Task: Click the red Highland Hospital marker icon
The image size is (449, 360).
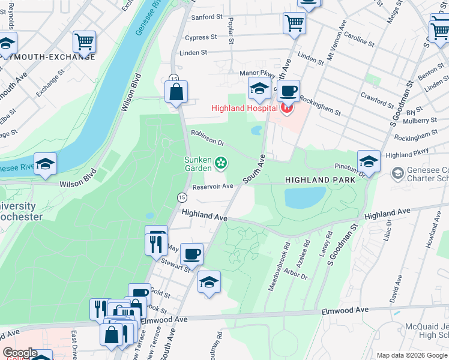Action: (x=287, y=108)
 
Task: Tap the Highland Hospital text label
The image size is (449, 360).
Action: (x=243, y=108)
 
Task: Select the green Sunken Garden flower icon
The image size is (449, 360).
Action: (x=221, y=161)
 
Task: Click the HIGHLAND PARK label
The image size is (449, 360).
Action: (x=316, y=180)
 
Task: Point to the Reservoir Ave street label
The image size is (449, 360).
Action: (x=212, y=187)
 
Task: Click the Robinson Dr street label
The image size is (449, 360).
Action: (x=207, y=138)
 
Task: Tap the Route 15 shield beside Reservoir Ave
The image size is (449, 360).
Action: (x=181, y=197)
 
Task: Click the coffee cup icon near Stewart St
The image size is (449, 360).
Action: (x=191, y=254)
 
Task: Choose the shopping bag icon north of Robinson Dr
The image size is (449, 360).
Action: (x=176, y=92)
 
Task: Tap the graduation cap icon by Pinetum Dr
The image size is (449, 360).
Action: (x=369, y=161)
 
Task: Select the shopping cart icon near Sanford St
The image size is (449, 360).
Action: (x=294, y=23)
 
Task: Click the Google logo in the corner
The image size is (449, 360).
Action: (x=20, y=353)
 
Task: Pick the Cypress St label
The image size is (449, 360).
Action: (x=200, y=37)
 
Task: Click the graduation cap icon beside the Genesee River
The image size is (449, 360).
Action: (x=45, y=164)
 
